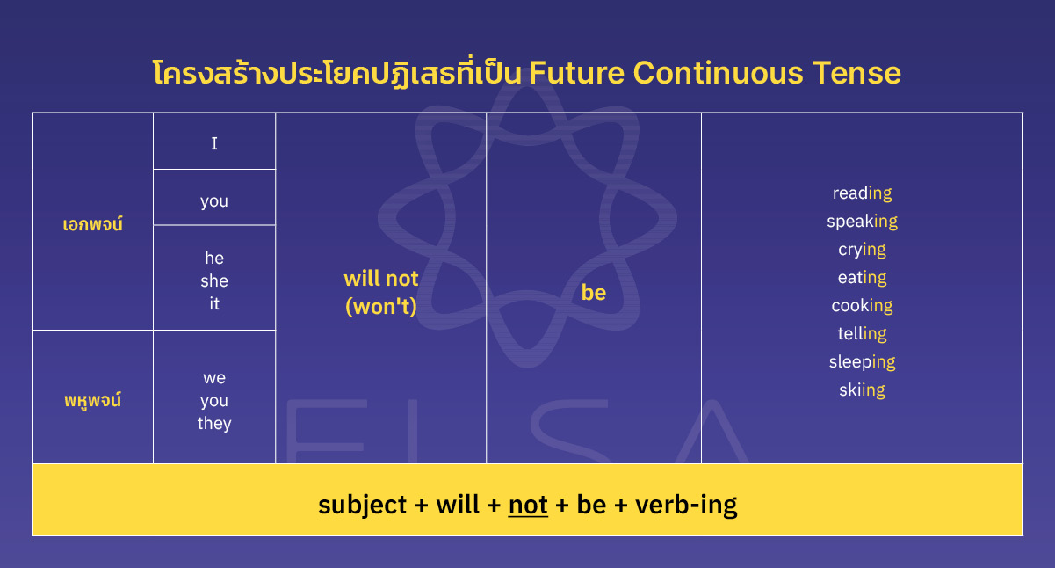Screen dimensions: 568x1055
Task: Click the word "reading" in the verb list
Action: coord(862,193)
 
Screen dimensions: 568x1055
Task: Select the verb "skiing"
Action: coord(862,390)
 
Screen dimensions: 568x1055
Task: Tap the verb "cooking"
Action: coord(862,305)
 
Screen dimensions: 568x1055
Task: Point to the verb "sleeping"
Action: coord(862,361)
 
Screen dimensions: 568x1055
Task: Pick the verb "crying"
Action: coord(862,249)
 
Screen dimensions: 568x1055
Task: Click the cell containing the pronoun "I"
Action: coord(214,142)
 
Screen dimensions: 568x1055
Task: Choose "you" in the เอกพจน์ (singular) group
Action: coord(214,200)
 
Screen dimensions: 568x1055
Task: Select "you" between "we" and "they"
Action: coord(214,400)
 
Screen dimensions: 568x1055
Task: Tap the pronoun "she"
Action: coord(214,280)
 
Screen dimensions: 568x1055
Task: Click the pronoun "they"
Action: coord(214,423)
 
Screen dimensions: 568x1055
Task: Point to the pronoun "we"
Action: coord(214,377)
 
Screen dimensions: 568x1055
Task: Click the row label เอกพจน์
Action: coord(93,224)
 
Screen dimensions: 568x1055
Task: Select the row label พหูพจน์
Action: coord(93,400)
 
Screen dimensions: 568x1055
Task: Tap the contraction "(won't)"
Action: coord(381,306)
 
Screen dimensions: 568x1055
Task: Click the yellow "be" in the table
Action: coord(594,293)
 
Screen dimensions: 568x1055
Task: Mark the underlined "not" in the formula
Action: coord(528,505)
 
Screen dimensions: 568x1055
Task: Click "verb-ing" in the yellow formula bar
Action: coord(686,505)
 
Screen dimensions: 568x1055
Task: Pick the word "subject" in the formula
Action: coord(362,505)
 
